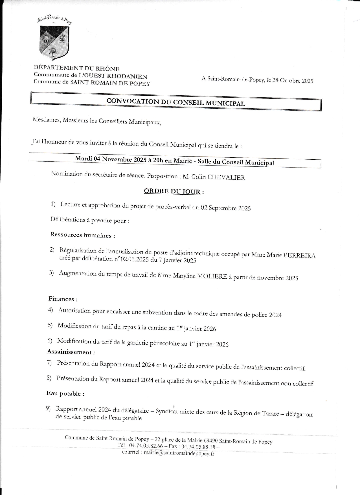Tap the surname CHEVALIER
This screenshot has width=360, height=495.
[x=226, y=177]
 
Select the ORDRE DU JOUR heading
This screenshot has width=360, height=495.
[x=172, y=192]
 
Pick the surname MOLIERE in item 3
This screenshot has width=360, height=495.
[x=212, y=276]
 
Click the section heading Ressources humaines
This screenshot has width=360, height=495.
[x=82, y=235]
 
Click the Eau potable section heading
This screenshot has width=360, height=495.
[x=65, y=393]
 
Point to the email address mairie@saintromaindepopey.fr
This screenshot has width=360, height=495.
[x=179, y=454]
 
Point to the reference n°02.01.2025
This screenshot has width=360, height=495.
[x=131, y=259]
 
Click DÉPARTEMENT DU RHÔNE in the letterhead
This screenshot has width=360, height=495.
[x=76, y=68]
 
